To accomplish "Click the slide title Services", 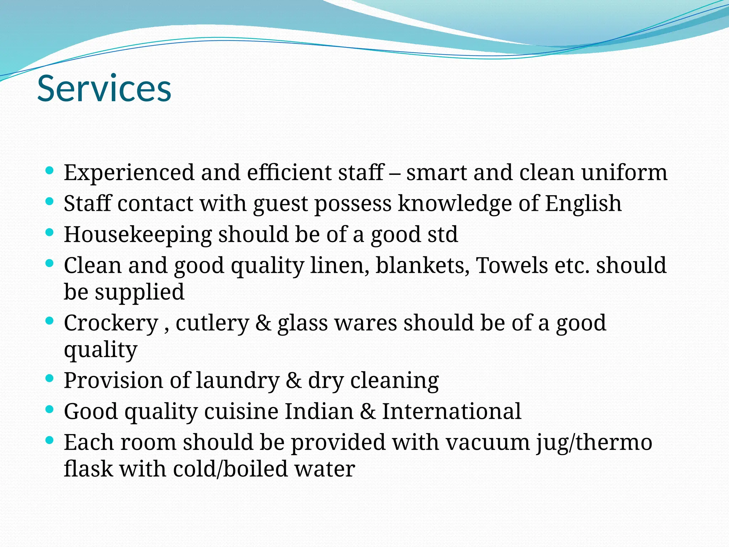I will pyautogui.click(x=104, y=88).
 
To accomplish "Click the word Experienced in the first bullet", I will pyautogui.click(x=129, y=173).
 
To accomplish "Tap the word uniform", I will pyautogui.click(x=624, y=173).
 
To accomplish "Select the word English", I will pyautogui.click(x=583, y=204).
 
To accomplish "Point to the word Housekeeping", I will pyautogui.click(x=138, y=235).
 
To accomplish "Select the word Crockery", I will pyautogui.click(x=111, y=323).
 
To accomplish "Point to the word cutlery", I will pyautogui.click(x=212, y=323).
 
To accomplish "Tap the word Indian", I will pyautogui.click(x=319, y=412).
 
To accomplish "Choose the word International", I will pyautogui.click(x=452, y=412).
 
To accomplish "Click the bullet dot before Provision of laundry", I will pyautogui.click(x=50, y=378).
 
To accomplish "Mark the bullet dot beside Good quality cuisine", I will pyautogui.click(x=50, y=409).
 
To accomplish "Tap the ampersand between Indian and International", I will pyautogui.click(x=368, y=412).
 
